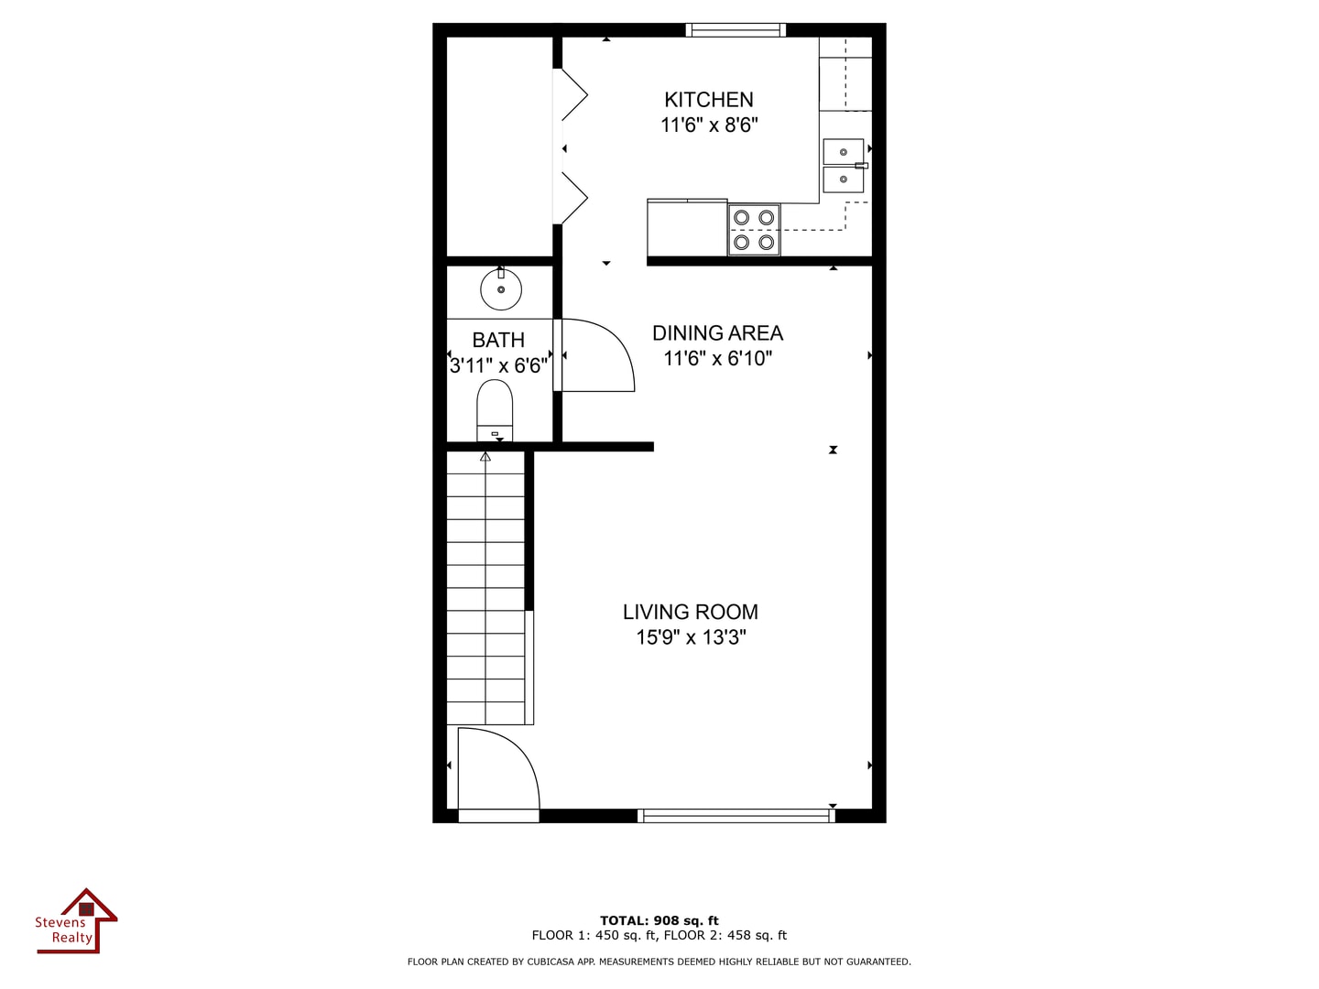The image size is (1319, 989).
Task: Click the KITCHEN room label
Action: (708, 100)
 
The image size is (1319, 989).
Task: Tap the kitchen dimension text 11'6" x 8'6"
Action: (709, 125)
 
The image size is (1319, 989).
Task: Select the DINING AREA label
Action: (717, 333)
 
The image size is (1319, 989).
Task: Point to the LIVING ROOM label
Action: (690, 612)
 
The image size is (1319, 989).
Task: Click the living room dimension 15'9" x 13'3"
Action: (691, 637)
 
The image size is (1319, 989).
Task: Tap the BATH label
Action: (498, 341)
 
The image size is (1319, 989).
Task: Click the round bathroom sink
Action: (501, 290)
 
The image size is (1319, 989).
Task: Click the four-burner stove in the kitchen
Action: (754, 230)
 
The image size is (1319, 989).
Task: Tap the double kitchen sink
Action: (844, 165)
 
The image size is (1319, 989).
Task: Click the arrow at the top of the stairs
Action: (485, 456)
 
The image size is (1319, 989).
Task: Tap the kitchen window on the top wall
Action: (736, 30)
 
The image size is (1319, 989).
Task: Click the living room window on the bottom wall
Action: (736, 815)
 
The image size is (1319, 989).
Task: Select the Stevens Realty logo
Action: (77, 922)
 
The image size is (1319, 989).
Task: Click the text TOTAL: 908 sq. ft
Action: (659, 921)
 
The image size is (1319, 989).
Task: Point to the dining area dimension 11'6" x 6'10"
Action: (717, 359)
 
